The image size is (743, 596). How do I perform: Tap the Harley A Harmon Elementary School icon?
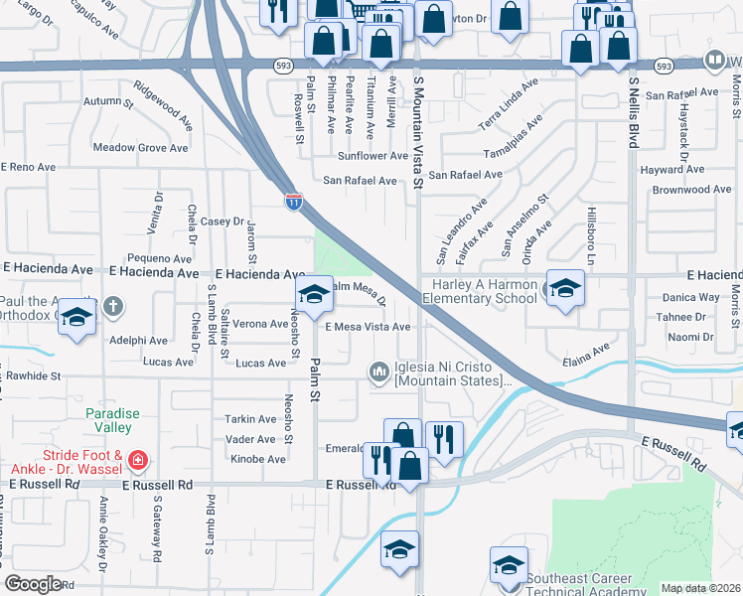click(x=565, y=289)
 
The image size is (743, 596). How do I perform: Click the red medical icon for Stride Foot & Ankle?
click(x=136, y=461)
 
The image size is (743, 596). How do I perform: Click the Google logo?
click(x=33, y=584)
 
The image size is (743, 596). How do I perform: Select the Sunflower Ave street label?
click(x=372, y=156)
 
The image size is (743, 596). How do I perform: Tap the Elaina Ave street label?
click(x=586, y=356)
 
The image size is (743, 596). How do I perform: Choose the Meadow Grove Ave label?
click(x=140, y=148)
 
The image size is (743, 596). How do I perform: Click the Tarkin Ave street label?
click(x=251, y=419)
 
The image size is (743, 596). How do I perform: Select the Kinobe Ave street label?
click(x=256, y=459)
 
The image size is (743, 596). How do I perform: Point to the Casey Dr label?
click(x=223, y=222)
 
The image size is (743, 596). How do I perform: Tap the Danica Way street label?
click(x=690, y=297)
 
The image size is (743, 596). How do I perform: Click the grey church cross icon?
click(x=113, y=306)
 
